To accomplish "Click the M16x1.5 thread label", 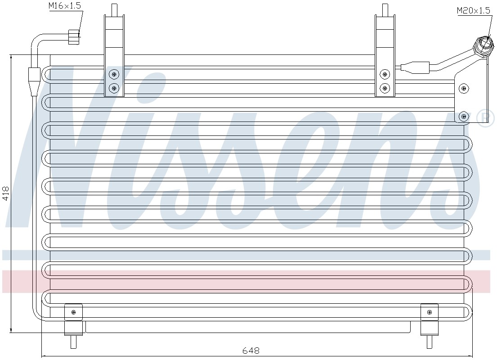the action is point(65,6).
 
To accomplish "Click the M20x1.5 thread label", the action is point(474,10).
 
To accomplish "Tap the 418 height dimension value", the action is point(6,193).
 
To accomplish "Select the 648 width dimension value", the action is point(251,351).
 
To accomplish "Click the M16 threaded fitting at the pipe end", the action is point(74,37).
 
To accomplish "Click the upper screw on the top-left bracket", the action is point(114,75).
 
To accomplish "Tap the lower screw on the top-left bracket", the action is point(114,88).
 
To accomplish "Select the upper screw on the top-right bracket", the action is point(385,75).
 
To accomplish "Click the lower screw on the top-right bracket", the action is point(385,88).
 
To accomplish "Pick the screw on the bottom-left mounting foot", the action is point(73,312).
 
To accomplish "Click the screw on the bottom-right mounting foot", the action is point(430,312).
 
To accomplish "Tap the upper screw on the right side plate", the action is point(464,89).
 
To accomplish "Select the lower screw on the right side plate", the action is point(464,117).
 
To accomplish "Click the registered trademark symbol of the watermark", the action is point(486,118).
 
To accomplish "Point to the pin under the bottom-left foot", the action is point(73,342).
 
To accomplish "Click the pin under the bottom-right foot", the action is point(430,342).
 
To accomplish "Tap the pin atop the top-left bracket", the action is point(114,9).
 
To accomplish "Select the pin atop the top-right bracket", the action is point(385,9).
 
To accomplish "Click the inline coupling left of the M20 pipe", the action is point(415,67).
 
